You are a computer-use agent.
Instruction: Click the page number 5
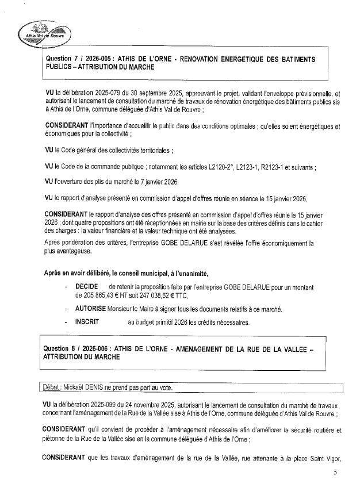click(x=335, y=473)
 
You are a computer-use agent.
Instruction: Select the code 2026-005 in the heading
click(x=97, y=59)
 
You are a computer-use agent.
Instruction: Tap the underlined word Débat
click(x=55, y=386)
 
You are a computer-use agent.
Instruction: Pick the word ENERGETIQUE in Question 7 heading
click(x=252, y=59)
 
